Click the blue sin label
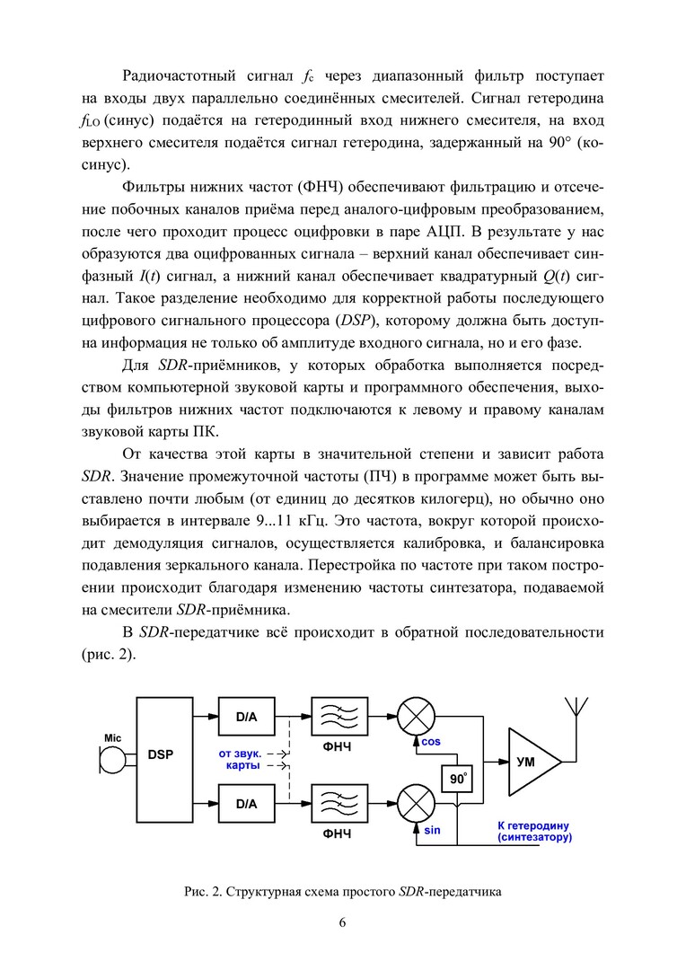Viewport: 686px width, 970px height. (432, 830)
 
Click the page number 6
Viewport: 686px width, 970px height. (342, 922)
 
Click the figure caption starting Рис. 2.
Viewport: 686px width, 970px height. (342, 892)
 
